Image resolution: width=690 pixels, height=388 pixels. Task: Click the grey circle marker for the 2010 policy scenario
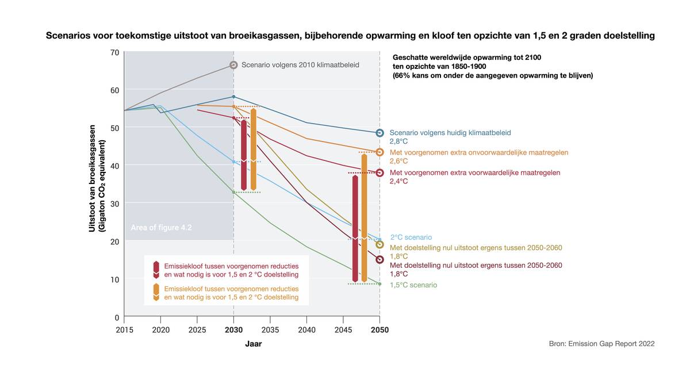(x=233, y=65)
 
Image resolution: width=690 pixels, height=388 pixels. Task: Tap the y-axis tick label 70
(x=114, y=52)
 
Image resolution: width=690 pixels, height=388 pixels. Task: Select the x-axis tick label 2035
(x=270, y=330)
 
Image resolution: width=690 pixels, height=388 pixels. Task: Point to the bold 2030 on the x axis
(x=233, y=330)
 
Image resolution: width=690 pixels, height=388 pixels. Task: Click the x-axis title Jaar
(x=254, y=344)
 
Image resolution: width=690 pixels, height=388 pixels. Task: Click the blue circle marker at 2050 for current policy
(x=379, y=133)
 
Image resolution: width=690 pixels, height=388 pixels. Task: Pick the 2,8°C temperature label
(x=398, y=141)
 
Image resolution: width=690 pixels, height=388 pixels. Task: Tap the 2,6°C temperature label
(x=398, y=162)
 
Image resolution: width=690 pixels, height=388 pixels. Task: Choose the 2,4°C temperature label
(x=398, y=181)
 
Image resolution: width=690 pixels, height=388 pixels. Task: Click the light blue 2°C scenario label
(x=411, y=237)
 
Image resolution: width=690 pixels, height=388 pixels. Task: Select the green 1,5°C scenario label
(x=413, y=285)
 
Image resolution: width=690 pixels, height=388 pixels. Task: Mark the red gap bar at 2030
(x=244, y=155)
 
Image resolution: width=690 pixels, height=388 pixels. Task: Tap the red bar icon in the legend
(x=155, y=270)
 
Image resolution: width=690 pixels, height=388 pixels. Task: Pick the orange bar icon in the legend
(x=155, y=293)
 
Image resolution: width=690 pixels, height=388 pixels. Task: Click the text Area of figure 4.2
(x=161, y=228)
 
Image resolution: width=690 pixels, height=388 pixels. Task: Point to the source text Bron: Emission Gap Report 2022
(x=601, y=344)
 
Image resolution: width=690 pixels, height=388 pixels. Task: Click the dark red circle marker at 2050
(x=379, y=260)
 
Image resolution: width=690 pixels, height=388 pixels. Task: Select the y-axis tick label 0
(x=116, y=317)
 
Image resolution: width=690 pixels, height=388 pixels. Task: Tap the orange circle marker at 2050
(x=379, y=152)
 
